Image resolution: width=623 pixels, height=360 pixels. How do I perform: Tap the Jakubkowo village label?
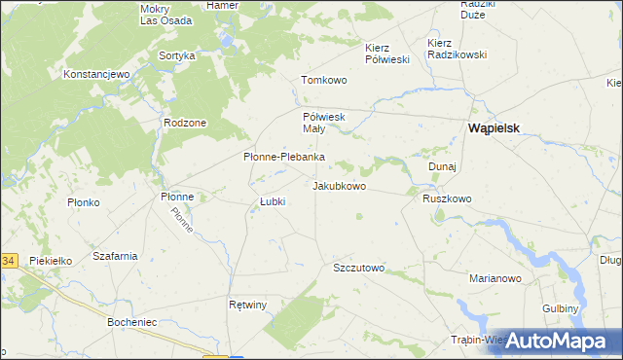click(x=339, y=185)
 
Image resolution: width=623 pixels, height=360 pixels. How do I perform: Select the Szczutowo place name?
click(x=359, y=268)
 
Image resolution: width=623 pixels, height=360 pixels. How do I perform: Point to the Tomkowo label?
click(x=324, y=80)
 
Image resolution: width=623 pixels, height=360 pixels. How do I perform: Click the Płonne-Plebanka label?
click(x=283, y=157)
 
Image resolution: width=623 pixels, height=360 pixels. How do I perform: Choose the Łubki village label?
click(x=272, y=201)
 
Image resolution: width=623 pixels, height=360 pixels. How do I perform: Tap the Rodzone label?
click(x=185, y=123)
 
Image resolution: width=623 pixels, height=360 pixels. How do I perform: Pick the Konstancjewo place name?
click(x=96, y=74)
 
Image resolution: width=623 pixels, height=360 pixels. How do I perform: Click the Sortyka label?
click(x=177, y=56)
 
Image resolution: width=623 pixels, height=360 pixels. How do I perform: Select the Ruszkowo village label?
click(x=447, y=198)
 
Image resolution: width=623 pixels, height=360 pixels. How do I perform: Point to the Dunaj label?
click(x=443, y=166)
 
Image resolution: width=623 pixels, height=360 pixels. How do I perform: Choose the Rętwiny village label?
click(x=247, y=305)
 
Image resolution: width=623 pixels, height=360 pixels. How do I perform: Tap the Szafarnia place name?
click(x=114, y=256)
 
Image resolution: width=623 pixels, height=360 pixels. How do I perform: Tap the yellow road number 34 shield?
click(x=8, y=261)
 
